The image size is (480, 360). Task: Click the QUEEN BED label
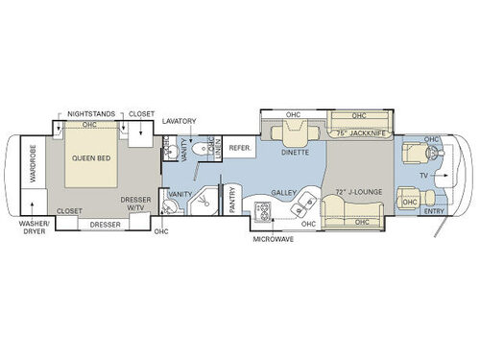(x=89, y=161)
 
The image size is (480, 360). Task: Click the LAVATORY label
(x=179, y=122)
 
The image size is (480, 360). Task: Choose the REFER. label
(x=240, y=148)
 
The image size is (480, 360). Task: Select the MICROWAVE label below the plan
(x=275, y=240)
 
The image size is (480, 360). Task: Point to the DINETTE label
(x=293, y=151)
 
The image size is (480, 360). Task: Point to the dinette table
(x=294, y=133)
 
